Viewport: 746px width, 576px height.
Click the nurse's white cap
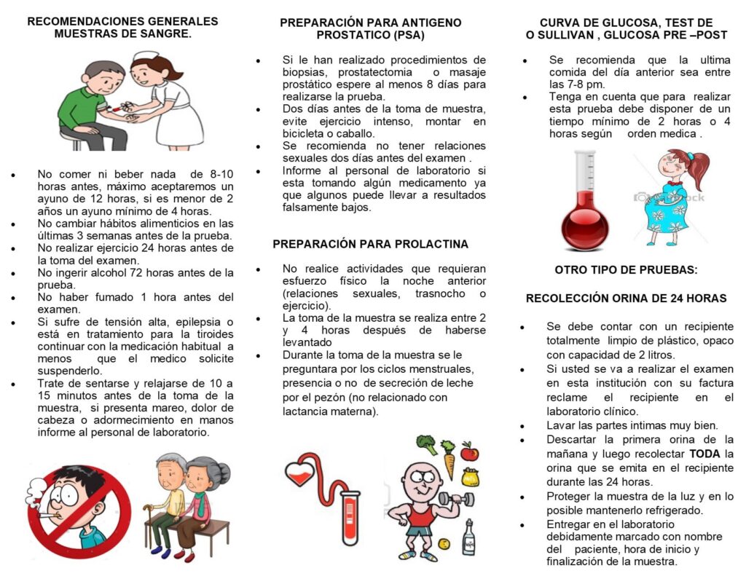tap(146, 56)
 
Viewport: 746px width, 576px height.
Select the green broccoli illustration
tap(426, 443)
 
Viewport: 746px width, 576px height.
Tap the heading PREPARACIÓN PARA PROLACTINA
tap(370, 244)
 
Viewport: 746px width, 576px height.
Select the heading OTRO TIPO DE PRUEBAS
tap(626, 269)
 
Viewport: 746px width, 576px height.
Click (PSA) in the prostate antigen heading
tap(399, 35)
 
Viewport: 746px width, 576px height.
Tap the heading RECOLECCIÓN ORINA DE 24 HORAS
tap(626, 299)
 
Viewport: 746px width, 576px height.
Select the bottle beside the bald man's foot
tap(468, 538)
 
